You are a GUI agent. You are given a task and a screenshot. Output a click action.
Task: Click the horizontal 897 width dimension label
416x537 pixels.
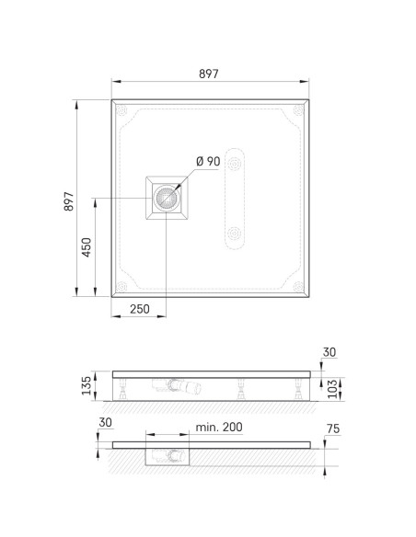point(208,74)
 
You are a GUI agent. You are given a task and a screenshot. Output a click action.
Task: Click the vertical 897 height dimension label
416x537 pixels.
point(69,201)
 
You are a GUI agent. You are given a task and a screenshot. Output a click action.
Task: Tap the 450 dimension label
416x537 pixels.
point(87,247)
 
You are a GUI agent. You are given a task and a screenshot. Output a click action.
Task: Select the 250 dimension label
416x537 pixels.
point(140,309)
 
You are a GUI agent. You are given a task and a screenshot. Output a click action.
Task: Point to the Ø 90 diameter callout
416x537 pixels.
point(208,161)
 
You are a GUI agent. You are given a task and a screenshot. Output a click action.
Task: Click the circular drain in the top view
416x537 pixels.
point(167,198)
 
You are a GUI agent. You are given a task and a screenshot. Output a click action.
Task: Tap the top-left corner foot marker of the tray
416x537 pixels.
point(121,110)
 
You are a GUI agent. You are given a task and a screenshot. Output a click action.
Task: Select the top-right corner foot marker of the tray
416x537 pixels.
point(298,110)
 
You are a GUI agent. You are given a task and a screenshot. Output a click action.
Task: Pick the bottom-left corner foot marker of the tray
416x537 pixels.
point(121,286)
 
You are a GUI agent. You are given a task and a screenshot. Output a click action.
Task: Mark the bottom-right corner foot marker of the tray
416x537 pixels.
point(298,286)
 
